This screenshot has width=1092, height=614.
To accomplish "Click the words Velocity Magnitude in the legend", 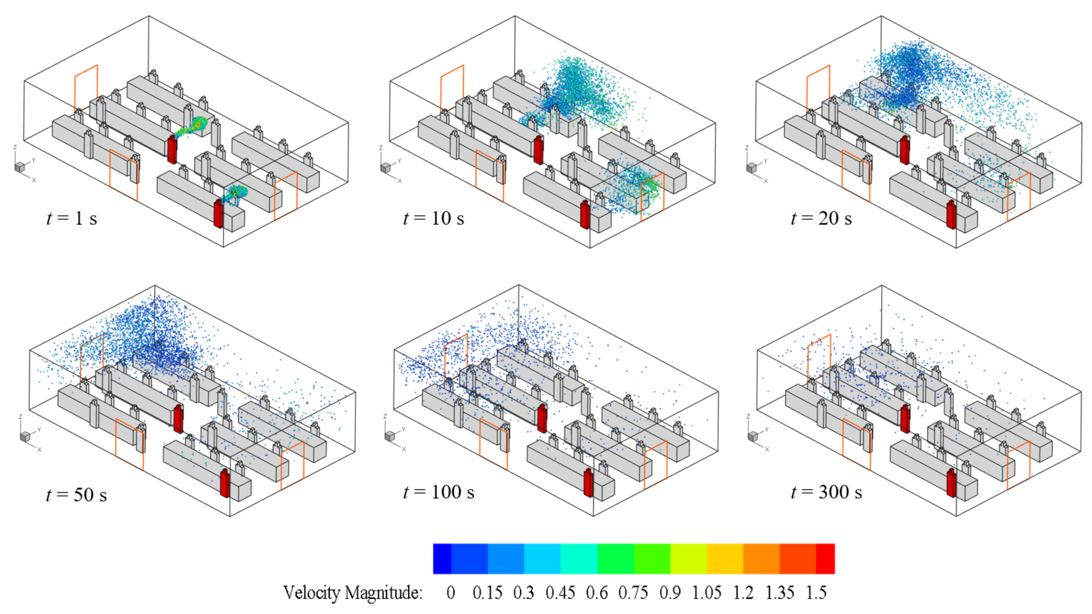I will [353, 592].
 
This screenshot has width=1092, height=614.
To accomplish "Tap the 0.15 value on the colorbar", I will [487, 592].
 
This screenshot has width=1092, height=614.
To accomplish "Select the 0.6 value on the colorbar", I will [597, 592].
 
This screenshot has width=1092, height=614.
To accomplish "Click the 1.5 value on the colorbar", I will [816, 592].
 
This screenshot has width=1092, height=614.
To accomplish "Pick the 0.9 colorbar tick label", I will [670, 592].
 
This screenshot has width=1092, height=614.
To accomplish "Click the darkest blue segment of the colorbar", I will [442, 558].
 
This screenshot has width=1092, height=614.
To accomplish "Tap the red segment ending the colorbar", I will [825, 558].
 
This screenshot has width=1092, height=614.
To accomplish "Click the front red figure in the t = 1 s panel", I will [218, 214].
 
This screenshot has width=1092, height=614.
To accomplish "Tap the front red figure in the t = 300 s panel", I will [951, 483].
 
